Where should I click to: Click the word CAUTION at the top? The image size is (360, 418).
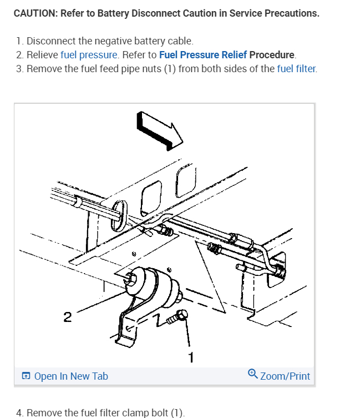(36, 13)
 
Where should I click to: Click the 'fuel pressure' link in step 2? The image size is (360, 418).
(89, 55)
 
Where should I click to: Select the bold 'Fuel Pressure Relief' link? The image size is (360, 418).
(203, 55)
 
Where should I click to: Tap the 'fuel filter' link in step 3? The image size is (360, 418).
(297, 69)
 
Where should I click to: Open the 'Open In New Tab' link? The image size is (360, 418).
(71, 376)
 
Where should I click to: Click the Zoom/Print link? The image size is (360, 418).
(285, 376)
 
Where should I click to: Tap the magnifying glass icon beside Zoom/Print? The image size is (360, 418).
(252, 374)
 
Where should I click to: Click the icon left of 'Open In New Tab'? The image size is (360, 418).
(26, 376)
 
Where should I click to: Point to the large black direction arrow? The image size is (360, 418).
(159, 131)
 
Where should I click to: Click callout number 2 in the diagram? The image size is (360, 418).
(68, 317)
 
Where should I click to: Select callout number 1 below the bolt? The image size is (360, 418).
(191, 357)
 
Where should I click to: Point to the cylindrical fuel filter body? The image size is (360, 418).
(153, 285)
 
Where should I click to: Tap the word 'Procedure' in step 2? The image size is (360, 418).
(272, 55)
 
